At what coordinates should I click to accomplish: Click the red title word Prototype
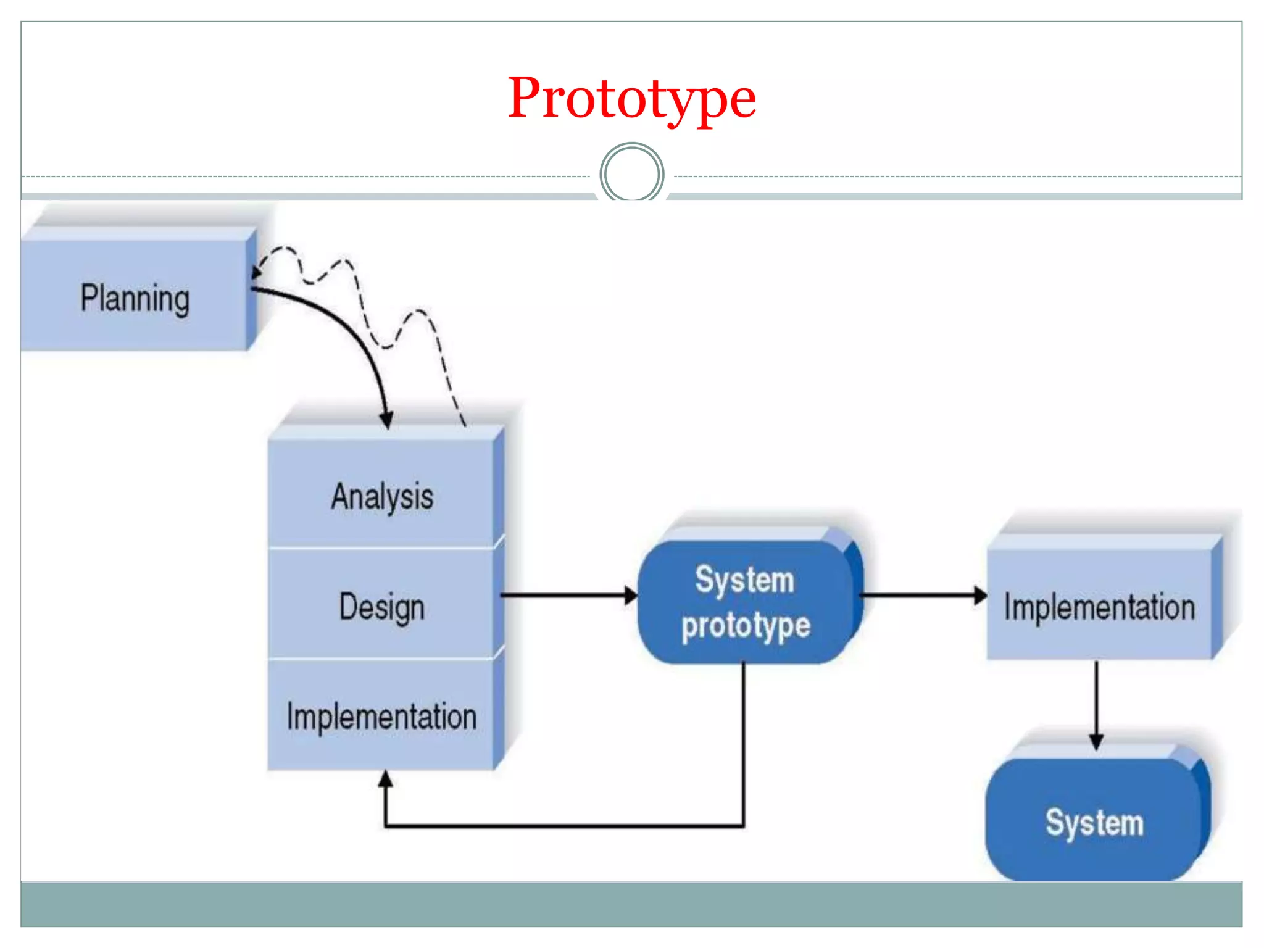631,99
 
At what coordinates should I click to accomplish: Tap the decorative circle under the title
631,173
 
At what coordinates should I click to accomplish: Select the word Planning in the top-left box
135,299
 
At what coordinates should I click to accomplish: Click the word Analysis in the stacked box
382,497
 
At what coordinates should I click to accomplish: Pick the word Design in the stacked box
382,607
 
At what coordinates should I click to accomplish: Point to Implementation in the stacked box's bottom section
381,717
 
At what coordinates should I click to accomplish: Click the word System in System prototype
744,580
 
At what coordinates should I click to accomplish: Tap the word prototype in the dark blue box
746,626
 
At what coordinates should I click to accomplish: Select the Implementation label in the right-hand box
1099,607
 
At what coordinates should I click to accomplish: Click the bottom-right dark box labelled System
1094,822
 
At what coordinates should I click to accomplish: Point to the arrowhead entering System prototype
631,596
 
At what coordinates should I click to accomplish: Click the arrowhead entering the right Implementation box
980,596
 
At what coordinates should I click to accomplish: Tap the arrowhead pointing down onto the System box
1096,741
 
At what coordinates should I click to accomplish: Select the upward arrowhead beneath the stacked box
386,779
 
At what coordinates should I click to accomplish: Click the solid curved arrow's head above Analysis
386,420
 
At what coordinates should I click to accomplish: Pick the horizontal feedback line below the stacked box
565,825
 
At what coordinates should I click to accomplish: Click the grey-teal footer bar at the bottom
631,904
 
